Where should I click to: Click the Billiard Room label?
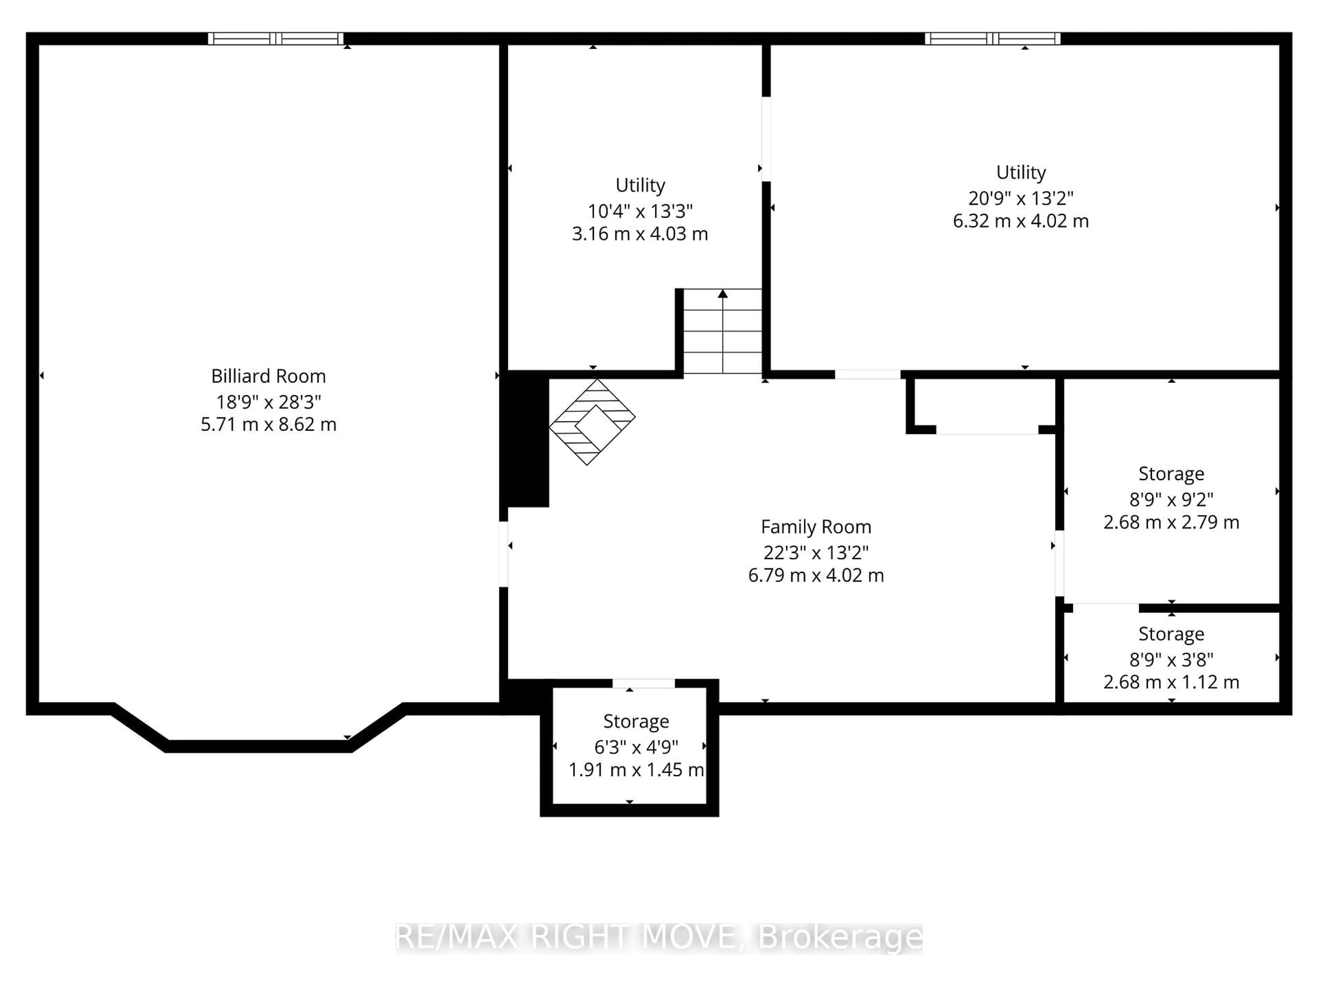click(268, 376)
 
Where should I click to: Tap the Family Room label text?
click(816, 527)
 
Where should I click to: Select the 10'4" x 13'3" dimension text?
click(640, 211)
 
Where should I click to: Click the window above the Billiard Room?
click(275, 39)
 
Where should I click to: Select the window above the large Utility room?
click(992, 39)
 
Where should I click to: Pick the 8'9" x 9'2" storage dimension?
click(1171, 499)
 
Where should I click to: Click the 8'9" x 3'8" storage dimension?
click(1171, 659)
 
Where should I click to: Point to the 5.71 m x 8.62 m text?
click(268, 424)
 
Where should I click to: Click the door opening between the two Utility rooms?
click(766, 139)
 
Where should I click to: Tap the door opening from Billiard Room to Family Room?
click(504, 554)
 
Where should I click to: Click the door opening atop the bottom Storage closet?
click(644, 683)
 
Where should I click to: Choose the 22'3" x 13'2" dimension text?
click(816, 553)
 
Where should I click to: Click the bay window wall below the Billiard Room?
click(258, 746)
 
